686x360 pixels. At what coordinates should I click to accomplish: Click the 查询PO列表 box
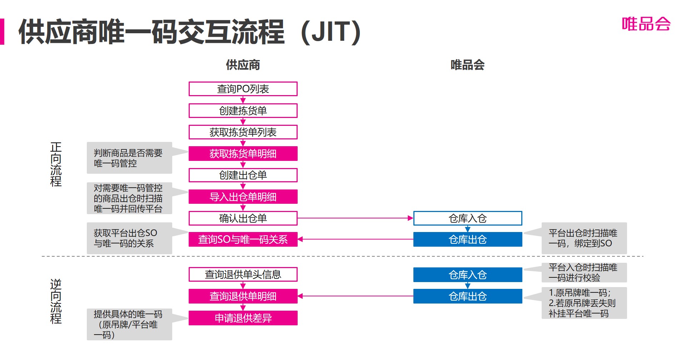pos(243,89)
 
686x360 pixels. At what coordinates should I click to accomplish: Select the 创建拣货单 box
pos(243,111)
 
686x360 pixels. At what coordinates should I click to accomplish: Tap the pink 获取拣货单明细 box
pos(243,154)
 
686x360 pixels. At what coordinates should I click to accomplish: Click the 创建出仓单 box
pos(243,175)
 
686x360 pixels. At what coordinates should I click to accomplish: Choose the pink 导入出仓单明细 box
pos(243,197)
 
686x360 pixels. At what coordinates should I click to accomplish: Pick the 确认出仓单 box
pos(243,218)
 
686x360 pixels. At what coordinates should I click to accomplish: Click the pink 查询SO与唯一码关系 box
pos(243,240)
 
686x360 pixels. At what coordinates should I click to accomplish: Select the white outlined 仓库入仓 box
pos(467,218)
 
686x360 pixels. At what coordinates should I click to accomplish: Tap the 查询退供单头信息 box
pos(243,275)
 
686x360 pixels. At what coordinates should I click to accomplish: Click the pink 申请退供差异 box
pos(243,318)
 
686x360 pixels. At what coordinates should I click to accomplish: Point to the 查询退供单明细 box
pos(243,296)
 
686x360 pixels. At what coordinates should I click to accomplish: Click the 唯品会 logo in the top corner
pos(646,24)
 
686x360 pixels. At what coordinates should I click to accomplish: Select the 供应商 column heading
pos(243,65)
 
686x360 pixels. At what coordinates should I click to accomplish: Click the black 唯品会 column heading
pos(467,65)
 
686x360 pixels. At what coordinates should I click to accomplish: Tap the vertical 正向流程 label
pos(56,164)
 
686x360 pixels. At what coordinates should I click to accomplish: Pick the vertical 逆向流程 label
pos(56,301)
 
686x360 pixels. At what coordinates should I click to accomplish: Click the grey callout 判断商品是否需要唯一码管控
pos(129,158)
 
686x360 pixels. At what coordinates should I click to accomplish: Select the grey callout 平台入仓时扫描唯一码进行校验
pos(584,272)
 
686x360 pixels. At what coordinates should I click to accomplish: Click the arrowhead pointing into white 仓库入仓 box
pos(411,218)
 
